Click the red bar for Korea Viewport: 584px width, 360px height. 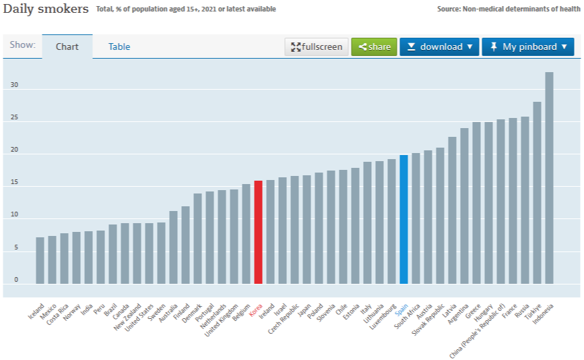[x=258, y=232]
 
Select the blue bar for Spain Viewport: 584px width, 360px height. [x=403, y=219]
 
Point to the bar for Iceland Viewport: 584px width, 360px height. [x=40, y=260]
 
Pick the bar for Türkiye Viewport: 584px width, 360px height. [x=537, y=192]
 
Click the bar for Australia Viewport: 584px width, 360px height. [x=173, y=247]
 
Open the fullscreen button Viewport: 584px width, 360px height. [x=317, y=47]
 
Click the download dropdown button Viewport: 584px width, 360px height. [x=439, y=47]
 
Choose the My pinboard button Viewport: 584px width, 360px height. [x=527, y=47]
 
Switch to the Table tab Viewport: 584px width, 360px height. [x=119, y=47]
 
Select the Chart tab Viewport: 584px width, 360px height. [x=67, y=47]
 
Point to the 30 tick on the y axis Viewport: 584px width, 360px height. [x=14, y=86]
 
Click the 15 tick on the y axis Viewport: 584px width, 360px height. [x=14, y=183]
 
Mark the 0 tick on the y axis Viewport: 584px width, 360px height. [x=16, y=280]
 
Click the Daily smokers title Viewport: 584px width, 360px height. [x=46, y=9]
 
